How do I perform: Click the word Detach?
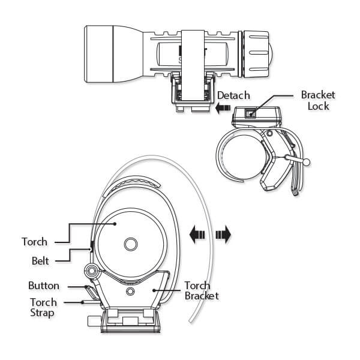pyautogui.click(x=233, y=95)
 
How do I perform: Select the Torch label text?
pyautogui.click(x=34, y=242)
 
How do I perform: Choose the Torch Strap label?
pyautogui.click(x=44, y=307)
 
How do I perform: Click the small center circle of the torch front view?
pyautogui.click(x=130, y=244)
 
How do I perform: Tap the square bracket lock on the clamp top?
pyautogui.click(x=252, y=113)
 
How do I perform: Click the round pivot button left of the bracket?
pyautogui.click(x=92, y=271)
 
